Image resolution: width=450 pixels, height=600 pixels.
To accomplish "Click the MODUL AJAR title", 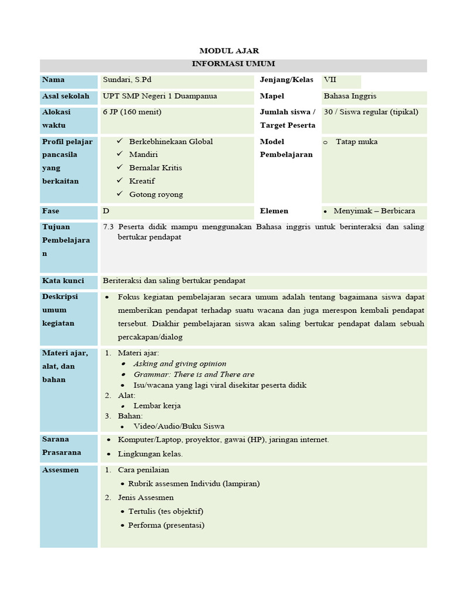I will [x=229, y=51].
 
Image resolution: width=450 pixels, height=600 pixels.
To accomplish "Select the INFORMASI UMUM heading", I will [x=233, y=64].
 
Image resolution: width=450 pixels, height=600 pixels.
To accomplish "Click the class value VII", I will [x=330, y=80].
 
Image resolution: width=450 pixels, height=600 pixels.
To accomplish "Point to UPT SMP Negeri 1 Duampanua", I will [x=159, y=96].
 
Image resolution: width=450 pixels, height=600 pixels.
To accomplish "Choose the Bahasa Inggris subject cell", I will [x=350, y=96].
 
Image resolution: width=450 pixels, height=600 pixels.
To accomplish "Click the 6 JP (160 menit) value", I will [x=132, y=112].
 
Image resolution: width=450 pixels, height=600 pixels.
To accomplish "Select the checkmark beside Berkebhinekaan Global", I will [x=120, y=141].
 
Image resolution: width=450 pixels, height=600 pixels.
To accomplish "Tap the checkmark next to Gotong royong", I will [x=120, y=194].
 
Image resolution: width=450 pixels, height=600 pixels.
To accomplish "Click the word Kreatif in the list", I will [x=142, y=181].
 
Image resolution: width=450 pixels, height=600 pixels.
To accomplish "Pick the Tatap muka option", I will [x=356, y=142].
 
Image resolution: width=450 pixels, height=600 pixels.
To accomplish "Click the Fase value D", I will [x=106, y=211].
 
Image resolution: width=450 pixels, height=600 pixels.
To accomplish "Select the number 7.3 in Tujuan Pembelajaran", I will [x=108, y=227].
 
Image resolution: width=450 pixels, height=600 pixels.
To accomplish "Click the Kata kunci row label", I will [x=63, y=281].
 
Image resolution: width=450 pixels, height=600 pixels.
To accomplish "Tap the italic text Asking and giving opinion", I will [x=179, y=364].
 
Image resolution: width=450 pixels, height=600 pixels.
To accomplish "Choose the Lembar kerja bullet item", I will [x=157, y=405].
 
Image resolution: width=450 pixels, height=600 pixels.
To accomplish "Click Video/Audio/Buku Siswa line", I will [x=179, y=427].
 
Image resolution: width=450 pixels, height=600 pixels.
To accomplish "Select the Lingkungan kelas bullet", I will [x=150, y=454].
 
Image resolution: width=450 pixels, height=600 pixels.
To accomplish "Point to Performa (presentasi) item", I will [x=166, y=526].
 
